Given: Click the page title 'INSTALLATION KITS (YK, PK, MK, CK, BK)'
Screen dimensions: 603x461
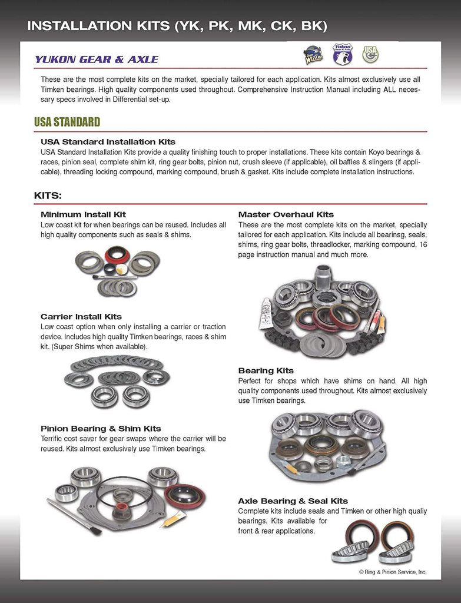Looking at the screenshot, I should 177,26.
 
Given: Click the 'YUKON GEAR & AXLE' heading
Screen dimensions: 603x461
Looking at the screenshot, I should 96,59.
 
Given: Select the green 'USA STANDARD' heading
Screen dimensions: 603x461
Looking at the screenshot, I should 67,122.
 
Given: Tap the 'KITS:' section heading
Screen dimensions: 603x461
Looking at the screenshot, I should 48,195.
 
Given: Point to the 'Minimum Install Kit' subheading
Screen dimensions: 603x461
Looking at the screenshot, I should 83,214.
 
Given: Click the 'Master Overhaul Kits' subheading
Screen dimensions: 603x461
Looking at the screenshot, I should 286,214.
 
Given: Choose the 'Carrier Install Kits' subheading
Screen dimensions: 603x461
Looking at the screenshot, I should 81,316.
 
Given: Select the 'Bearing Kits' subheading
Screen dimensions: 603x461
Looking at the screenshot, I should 266,370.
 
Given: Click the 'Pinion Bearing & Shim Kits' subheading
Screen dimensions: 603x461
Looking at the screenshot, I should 101,428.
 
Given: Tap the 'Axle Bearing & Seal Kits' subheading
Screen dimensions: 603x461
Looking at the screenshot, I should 293,501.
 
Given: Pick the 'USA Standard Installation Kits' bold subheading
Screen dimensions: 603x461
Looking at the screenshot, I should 108,142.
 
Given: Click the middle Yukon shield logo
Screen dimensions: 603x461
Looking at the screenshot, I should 342,54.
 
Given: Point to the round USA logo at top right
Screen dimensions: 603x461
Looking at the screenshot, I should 370,54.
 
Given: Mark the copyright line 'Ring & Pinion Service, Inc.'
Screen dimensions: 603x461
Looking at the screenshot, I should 393,572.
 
